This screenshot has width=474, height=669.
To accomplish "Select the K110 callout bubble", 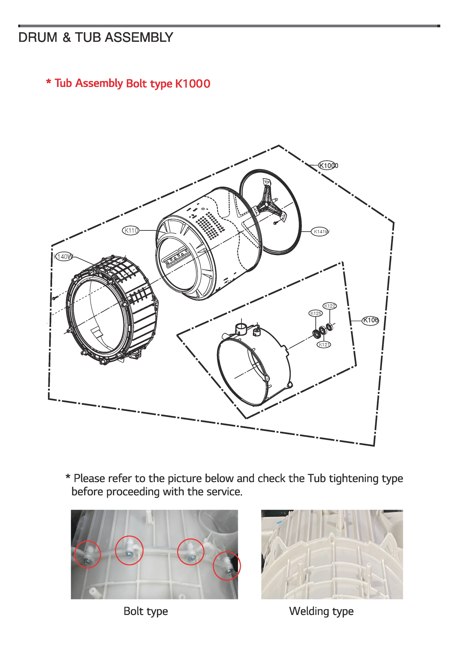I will pyautogui.click(x=131, y=231).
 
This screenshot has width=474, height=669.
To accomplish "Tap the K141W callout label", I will pyautogui.click(x=320, y=232).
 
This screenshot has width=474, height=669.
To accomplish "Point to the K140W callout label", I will pyautogui.click(x=63, y=257).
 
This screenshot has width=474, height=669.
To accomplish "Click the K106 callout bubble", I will pyautogui.click(x=370, y=320).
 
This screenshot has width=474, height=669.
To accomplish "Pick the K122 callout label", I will pyautogui.click(x=330, y=306).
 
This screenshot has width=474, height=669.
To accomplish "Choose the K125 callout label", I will pyautogui.click(x=316, y=313).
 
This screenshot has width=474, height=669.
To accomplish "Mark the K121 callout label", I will pyautogui.click(x=324, y=345).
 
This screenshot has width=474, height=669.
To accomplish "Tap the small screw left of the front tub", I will pyautogui.click(x=54, y=298).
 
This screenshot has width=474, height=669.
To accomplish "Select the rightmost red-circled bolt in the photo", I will pyautogui.click(x=229, y=570).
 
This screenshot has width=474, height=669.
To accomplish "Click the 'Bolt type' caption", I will pyautogui.click(x=146, y=611).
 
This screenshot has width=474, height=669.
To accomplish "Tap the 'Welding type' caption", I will pyautogui.click(x=321, y=611).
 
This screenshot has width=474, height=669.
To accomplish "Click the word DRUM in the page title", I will pyautogui.click(x=38, y=38).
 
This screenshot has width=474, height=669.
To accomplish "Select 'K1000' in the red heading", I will pyautogui.click(x=193, y=84).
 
